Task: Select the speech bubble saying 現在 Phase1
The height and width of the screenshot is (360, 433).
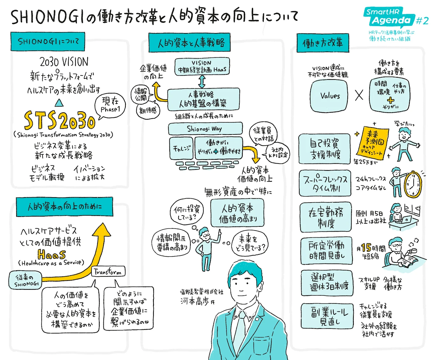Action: coord(110,105)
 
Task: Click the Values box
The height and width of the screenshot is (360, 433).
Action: coord(329,96)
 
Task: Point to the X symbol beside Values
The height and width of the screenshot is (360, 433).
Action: coord(359,95)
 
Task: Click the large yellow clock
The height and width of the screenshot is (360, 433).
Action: coord(413,184)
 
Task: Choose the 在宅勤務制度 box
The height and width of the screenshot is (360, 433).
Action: coord(325,217)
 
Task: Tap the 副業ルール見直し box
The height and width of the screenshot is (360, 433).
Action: coord(327,316)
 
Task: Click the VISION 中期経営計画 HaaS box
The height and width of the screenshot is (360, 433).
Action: coord(202,66)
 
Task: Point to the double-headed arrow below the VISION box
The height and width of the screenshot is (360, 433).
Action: coord(202,81)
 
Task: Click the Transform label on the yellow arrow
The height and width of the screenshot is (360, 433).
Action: coord(108,272)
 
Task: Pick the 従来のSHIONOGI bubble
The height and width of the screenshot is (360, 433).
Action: coord(25,280)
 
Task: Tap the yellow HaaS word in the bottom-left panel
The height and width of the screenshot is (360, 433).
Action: coord(52,254)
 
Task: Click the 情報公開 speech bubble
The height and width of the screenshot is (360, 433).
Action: coord(141,94)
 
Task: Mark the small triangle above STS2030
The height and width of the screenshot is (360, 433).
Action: coord(59,103)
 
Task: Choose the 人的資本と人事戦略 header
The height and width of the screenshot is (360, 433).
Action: coord(190,43)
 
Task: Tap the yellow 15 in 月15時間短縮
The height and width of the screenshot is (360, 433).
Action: coord(366,248)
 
